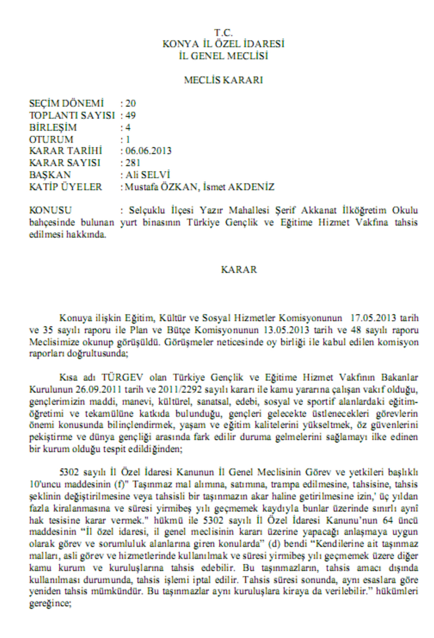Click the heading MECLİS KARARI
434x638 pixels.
pos(223,80)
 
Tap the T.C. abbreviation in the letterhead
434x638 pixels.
pos(223,32)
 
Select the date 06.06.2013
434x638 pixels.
pos(148,151)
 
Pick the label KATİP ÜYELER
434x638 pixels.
pos(65,187)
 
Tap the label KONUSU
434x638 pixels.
pos(50,210)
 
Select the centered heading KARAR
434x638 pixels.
pos(239,269)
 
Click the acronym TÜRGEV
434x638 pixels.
pos(122,377)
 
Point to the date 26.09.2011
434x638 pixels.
pos(98,389)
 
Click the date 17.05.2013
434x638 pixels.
pos(373,318)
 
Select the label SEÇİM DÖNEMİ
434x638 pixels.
pos(66,103)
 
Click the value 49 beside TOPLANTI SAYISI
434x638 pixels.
pos(130,115)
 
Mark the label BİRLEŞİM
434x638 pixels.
pos(53,127)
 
